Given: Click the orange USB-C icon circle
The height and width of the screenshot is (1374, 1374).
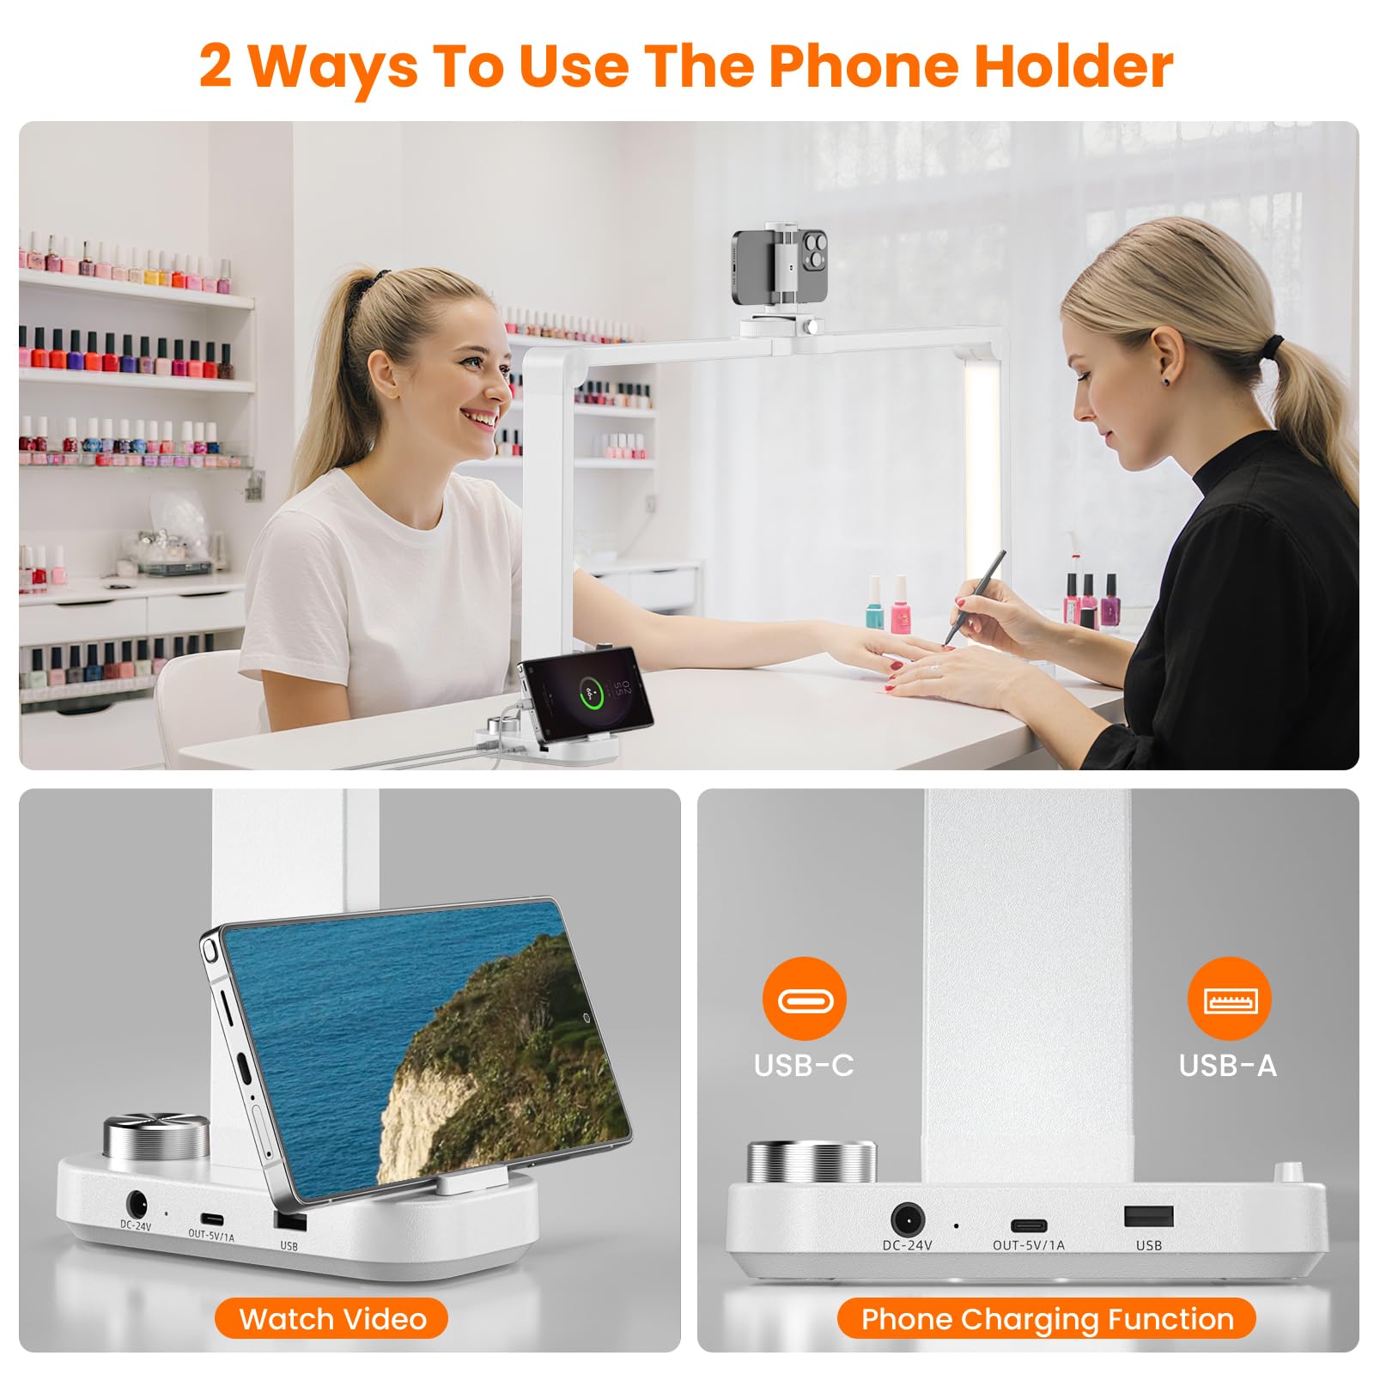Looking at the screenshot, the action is [x=804, y=999].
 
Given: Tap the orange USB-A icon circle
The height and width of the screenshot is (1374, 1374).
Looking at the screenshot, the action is [x=1229, y=999].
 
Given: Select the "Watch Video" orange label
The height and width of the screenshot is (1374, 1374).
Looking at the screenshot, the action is [x=331, y=1318].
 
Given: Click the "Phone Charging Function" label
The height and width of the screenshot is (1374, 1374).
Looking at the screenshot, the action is [x=1047, y=1318].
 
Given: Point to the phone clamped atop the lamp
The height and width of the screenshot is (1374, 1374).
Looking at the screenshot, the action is [x=780, y=268].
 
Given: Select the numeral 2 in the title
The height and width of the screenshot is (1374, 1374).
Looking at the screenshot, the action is [x=216, y=65].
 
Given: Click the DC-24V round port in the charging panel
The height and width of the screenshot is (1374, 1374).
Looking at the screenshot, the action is [x=907, y=1219].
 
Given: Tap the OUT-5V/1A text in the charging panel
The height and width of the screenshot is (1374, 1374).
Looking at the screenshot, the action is [x=1028, y=1245].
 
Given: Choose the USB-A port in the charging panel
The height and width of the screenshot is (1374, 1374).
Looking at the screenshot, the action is [x=1149, y=1216].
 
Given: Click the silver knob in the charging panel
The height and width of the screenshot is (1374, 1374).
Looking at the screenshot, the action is [x=812, y=1162].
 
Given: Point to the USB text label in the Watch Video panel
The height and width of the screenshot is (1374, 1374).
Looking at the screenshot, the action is [x=289, y=1245].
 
